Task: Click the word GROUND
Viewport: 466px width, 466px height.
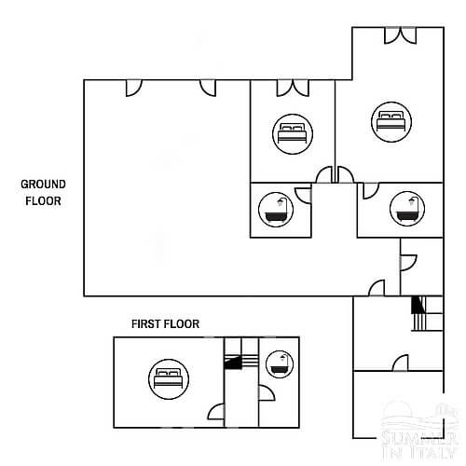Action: (x=43, y=185)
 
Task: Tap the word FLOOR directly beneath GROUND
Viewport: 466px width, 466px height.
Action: (x=43, y=201)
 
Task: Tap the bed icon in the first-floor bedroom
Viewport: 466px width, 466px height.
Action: (x=169, y=379)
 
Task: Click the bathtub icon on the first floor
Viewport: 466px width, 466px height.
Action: (x=280, y=364)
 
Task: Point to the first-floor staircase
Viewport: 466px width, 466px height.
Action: (x=241, y=362)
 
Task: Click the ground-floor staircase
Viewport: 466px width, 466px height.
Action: (x=427, y=313)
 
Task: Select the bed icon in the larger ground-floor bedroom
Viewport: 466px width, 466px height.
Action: (x=391, y=122)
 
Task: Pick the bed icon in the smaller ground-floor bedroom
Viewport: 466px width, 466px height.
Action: (x=293, y=134)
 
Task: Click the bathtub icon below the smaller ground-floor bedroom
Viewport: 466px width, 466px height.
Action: (x=276, y=210)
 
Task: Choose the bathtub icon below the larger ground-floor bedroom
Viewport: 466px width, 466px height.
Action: (x=407, y=209)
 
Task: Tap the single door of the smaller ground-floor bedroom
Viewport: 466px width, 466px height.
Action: (x=324, y=174)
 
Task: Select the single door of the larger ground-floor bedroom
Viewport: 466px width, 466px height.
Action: (x=346, y=174)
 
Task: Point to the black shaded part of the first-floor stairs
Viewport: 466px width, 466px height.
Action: (x=233, y=363)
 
